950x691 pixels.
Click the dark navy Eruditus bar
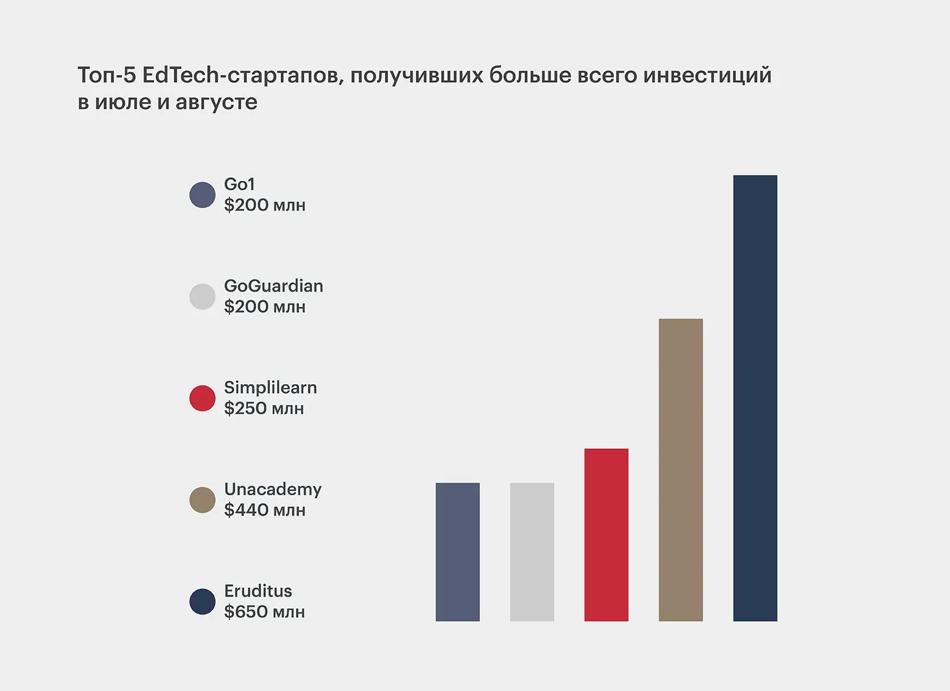click(755, 398)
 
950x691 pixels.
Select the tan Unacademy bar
click(680, 470)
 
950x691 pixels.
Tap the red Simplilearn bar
click(606, 535)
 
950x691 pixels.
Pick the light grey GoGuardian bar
click(532, 552)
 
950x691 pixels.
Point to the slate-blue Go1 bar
click(458, 552)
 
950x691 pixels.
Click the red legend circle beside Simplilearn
click(202, 398)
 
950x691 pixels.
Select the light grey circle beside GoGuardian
click(202, 297)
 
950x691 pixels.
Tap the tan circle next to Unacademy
click(202, 500)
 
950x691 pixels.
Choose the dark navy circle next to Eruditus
click(202, 602)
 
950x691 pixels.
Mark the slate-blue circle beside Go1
click(202, 195)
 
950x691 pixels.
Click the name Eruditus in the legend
click(258, 591)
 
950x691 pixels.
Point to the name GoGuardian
click(273, 286)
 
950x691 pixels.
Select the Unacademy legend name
click(273, 489)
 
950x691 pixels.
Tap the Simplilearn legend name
click(270, 388)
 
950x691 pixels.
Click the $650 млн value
click(264, 612)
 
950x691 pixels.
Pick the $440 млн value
click(265, 510)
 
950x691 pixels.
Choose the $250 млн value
click(264, 408)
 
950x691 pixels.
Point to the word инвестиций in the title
click(707, 75)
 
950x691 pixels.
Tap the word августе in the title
click(216, 102)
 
